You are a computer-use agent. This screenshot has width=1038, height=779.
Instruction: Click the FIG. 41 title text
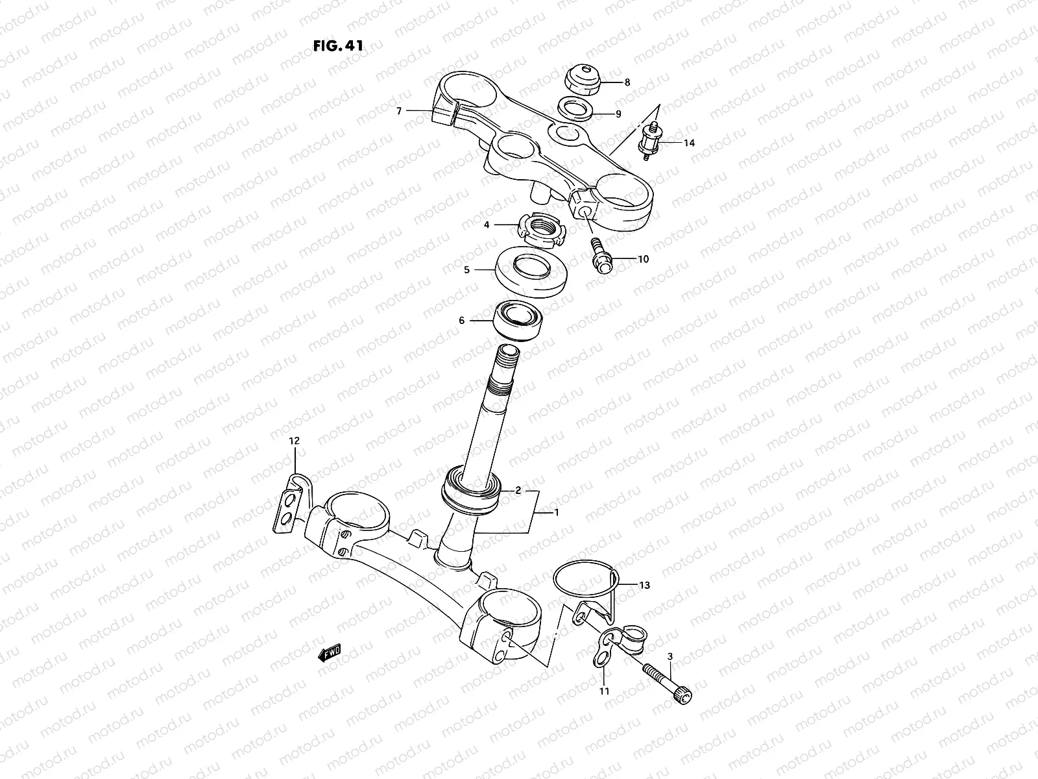click(337, 46)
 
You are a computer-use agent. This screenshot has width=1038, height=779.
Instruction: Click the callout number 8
click(627, 82)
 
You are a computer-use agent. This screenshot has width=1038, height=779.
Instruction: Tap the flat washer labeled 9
click(575, 109)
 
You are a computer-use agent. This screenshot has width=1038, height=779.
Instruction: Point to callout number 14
click(689, 143)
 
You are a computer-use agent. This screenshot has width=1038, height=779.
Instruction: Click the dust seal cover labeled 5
click(532, 273)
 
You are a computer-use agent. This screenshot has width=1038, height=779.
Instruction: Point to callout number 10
click(643, 259)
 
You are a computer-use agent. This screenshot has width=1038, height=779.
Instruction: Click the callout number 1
click(556, 512)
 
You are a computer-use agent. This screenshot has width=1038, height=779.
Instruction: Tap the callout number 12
click(295, 441)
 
